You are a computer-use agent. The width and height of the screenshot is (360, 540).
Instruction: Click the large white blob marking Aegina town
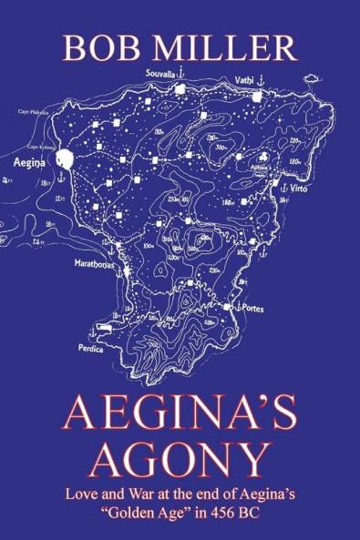click(64, 160)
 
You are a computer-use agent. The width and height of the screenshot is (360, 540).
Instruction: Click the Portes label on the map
click(252, 309)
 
